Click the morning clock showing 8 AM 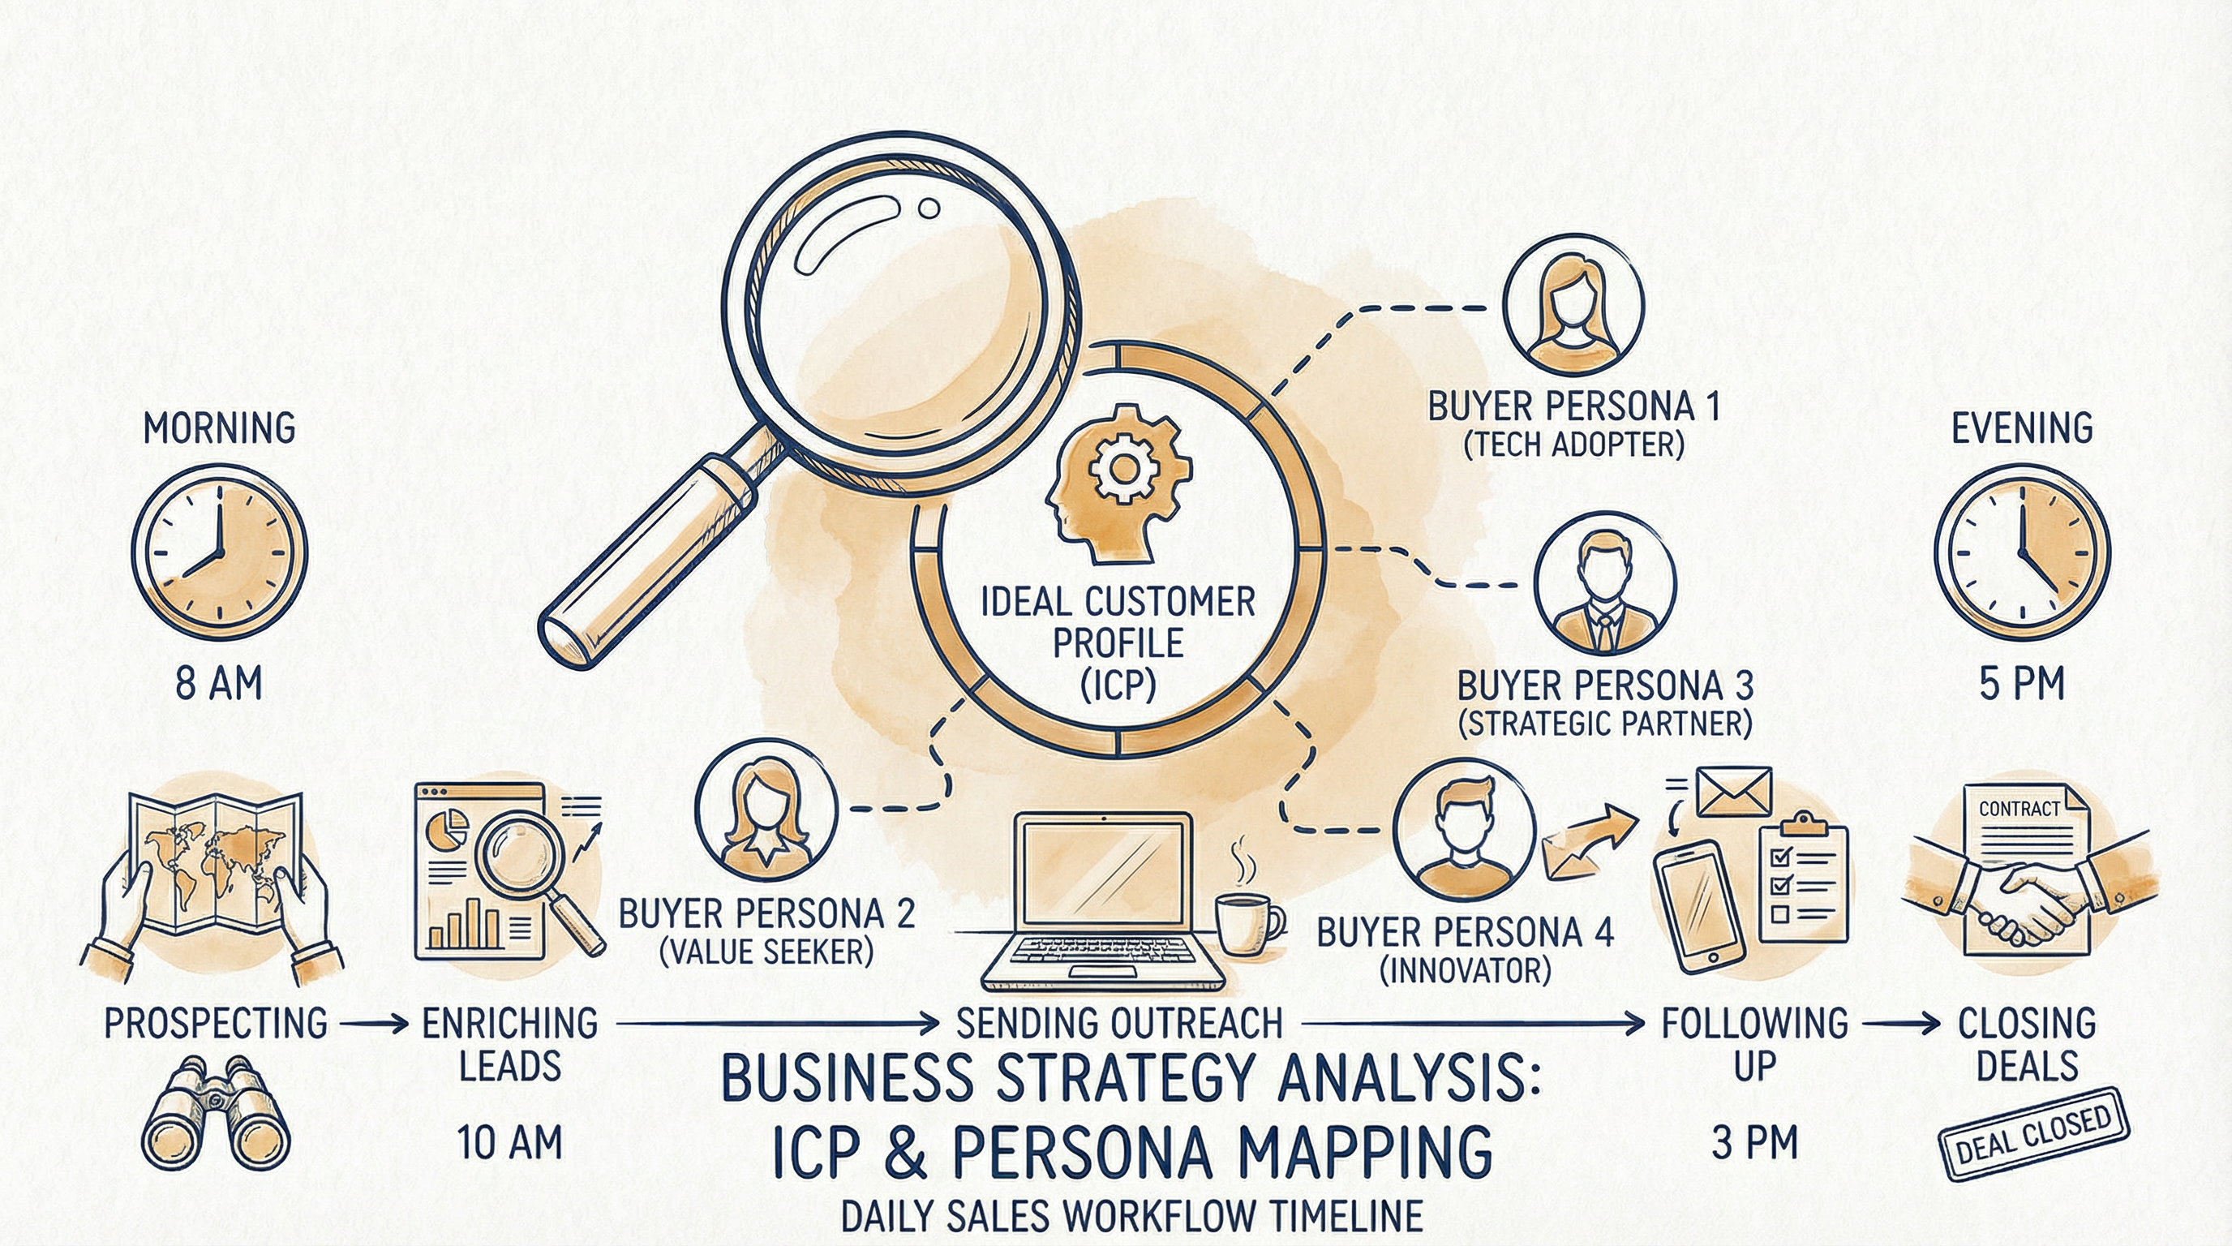(x=219, y=552)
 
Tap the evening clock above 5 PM (x=2021, y=552)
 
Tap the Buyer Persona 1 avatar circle (x=1573, y=305)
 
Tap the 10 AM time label (x=509, y=1144)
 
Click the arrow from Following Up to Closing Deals (x=1901, y=1025)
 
